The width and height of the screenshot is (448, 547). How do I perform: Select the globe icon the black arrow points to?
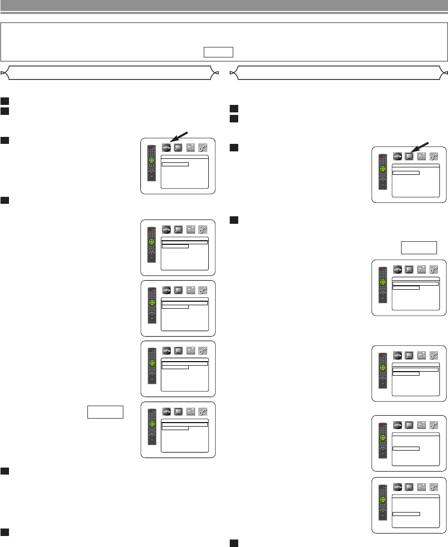point(166,148)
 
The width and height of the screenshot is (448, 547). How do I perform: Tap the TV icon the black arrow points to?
point(409,156)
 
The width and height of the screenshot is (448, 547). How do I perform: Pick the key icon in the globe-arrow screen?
point(203,148)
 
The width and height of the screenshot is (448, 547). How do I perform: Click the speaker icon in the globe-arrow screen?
point(190,148)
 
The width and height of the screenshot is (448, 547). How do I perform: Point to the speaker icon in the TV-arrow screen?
point(422,156)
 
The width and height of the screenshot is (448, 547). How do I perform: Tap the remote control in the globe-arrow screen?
point(151,163)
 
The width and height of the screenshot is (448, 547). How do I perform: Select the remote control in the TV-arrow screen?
point(383,172)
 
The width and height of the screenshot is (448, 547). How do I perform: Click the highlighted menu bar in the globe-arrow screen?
point(175,163)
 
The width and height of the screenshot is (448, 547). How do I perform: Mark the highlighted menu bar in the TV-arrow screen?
point(406,173)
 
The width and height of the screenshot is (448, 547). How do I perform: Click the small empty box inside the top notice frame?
point(219,52)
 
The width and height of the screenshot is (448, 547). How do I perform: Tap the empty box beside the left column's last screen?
point(105,412)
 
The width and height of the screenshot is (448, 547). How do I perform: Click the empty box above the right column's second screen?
point(419,248)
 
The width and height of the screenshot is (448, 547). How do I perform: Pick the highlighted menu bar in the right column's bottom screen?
point(406,513)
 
